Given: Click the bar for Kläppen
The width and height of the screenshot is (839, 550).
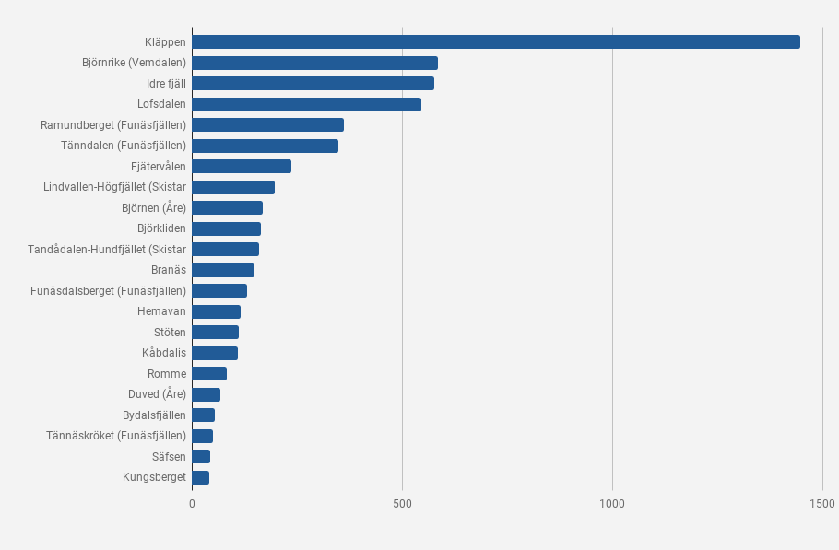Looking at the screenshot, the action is [x=496, y=42].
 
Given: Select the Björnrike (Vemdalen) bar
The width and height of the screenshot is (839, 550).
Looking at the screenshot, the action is [x=315, y=63].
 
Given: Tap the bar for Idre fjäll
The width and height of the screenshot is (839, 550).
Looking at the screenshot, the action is [x=313, y=84].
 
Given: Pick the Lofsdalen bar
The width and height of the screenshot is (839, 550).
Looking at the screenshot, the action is [x=307, y=104].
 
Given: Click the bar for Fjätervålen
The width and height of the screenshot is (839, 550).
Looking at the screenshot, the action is [x=242, y=166].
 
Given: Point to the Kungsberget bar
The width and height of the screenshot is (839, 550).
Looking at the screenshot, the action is [x=201, y=477].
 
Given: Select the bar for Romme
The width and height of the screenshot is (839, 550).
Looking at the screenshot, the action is [x=210, y=374].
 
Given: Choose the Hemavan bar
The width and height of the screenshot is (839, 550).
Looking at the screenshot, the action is [x=217, y=311].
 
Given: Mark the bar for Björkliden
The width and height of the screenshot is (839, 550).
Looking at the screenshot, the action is [x=227, y=228].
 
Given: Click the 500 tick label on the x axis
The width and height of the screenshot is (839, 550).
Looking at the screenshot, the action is [x=402, y=504].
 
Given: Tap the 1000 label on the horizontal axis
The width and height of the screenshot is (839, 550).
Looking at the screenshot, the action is [x=612, y=504].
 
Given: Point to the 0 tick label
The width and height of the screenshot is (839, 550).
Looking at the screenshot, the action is [x=192, y=504].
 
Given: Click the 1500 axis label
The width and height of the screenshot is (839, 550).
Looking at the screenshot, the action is [x=821, y=504].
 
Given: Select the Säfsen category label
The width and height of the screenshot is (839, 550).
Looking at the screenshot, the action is [x=169, y=456].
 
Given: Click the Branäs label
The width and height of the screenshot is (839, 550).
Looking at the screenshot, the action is [x=169, y=270].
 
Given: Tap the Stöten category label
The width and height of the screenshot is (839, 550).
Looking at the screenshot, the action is [x=171, y=332].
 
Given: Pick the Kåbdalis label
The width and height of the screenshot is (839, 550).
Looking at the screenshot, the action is [x=164, y=353].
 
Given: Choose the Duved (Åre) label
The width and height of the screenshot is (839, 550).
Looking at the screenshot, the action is [x=158, y=394].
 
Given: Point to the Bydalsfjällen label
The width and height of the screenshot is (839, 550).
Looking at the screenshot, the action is [x=154, y=415].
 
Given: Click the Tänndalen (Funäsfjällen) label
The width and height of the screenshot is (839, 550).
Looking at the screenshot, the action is [x=124, y=146].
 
